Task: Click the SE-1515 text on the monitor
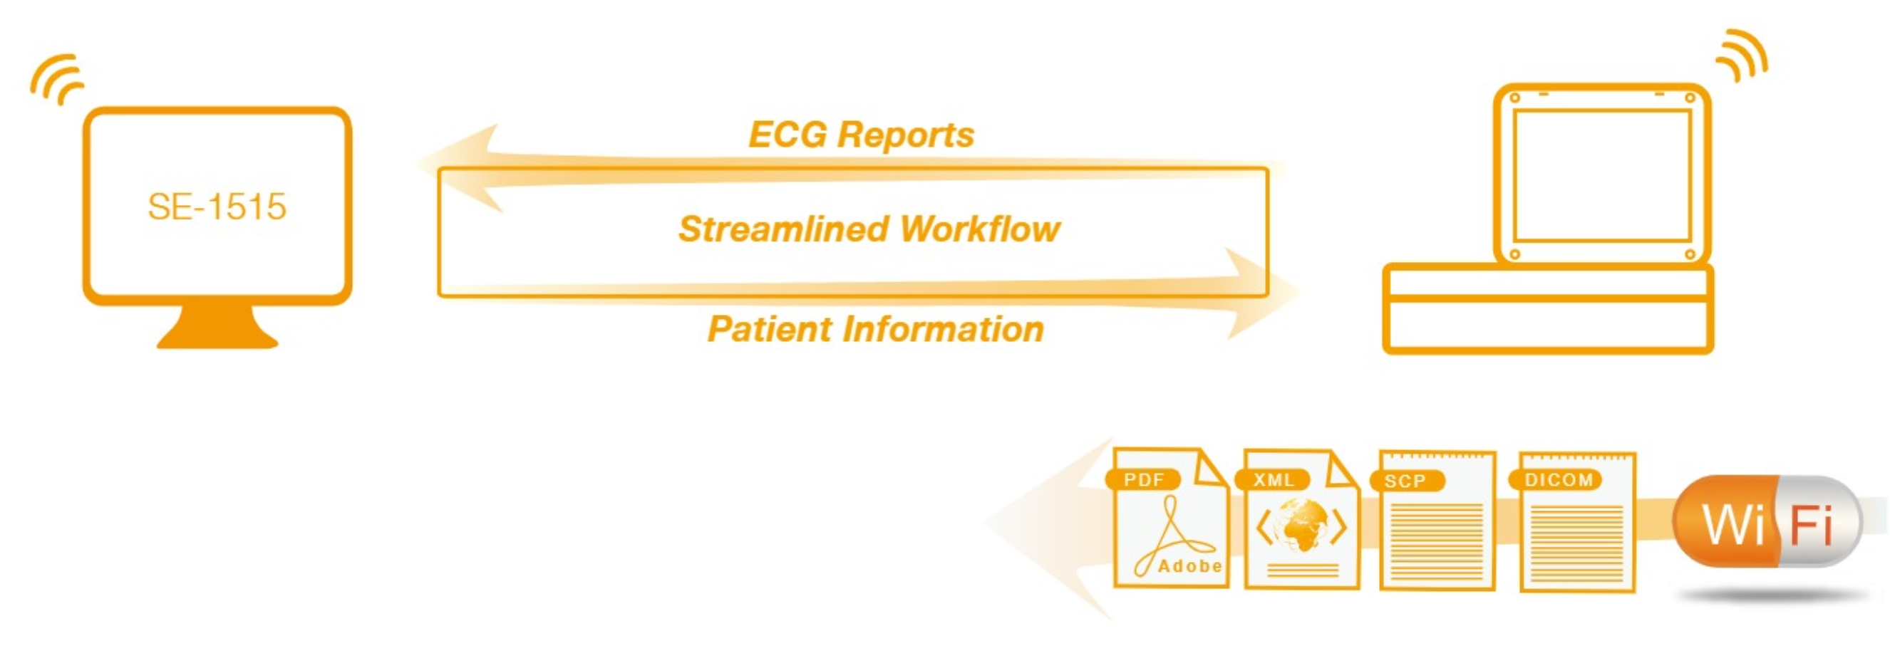tap(217, 207)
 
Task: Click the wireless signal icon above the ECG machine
tap(1742, 56)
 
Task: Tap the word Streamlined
tap(784, 229)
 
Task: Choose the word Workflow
tap(980, 229)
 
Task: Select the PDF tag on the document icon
tap(1143, 480)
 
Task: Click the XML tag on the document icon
tap(1274, 480)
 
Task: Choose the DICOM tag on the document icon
tap(1559, 480)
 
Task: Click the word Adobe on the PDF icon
tap(1189, 566)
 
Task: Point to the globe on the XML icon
tap(1301, 525)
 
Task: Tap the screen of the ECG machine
tap(1602, 176)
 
